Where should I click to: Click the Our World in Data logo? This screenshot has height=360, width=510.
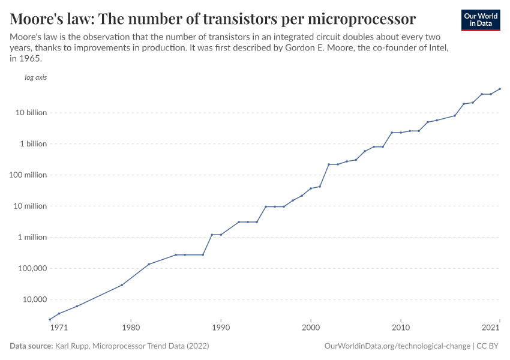(480, 20)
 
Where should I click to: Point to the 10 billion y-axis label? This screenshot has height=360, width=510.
(31, 113)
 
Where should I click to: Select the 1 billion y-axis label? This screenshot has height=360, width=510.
(33, 144)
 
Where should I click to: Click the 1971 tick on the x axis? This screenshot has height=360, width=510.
(59, 328)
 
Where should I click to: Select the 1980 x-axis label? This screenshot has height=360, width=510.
(131, 328)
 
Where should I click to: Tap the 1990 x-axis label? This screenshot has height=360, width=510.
(221, 328)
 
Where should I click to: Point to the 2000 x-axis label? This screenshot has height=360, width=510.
(311, 328)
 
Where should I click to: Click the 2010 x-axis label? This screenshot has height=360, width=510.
(401, 328)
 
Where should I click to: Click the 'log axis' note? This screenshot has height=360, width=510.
(35, 77)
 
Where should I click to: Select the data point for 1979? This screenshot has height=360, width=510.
(122, 285)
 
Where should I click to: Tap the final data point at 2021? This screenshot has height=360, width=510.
(500, 89)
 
